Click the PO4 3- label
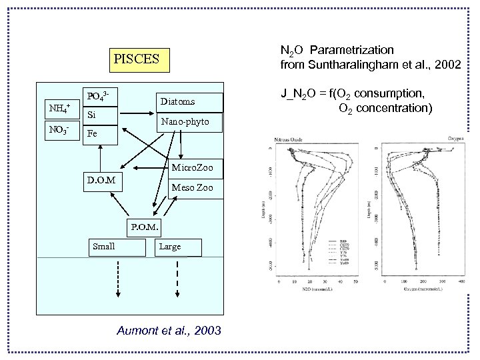[99, 96]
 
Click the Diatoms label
[177, 101]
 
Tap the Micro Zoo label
[192, 166]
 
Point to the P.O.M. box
[144, 226]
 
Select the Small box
[117, 247]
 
